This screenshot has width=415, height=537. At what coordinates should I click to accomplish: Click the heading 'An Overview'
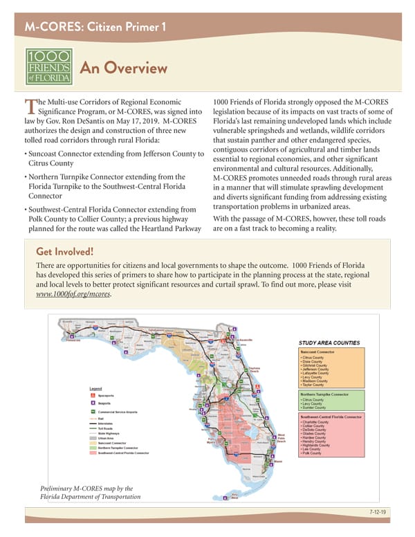tap(124, 68)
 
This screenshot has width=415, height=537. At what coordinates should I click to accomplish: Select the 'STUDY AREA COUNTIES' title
tap(327, 342)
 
